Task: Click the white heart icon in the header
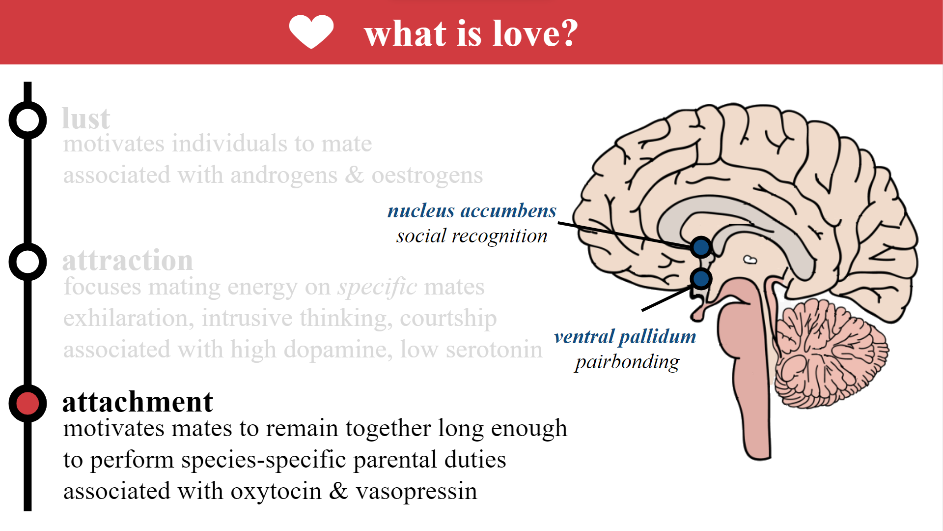pyautogui.click(x=311, y=31)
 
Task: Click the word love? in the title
pyautogui.click(x=535, y=33)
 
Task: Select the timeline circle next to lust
pyautogui.click(x=28, y=120)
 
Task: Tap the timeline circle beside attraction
pyautogui.click(x=28, y=262)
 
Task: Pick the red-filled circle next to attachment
pyautogui.click(x=28, y=403)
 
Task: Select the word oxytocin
pyautogui.click(x=276, y=491)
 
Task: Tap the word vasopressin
pyautogui.click(x=416, y=491)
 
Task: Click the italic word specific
pyautogui.click(x=377, y=287)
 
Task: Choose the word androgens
pyautogui.click(x=284, y=176)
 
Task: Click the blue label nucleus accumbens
pyautogui.click(x=472, y=210)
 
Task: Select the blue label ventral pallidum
pyautogui.click(x=625, y=337)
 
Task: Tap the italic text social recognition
pyautogui.click(x=472, y=236)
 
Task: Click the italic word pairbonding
pyautogui.click(x=627, y=362)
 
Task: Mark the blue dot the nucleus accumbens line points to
pyautogui.click(x=701, y=247)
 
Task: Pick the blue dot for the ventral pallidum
pyautogui.click(x=701, y=279)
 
